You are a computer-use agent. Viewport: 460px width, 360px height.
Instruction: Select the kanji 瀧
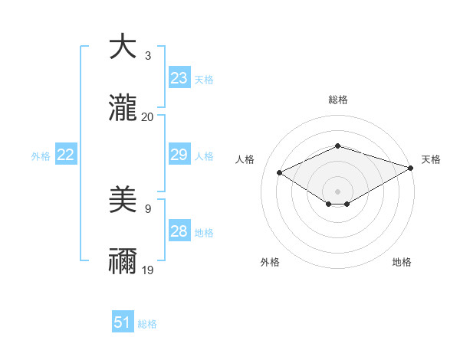[x=123, y=108]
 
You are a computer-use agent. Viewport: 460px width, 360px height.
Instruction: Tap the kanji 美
[x=123, y=201]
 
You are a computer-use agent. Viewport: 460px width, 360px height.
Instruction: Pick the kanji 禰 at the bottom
[x=123, y=261]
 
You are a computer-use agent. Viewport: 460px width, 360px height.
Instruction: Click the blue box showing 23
[x=179, y=78]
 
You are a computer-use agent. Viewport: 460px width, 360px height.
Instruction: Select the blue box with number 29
[x=179, y=155]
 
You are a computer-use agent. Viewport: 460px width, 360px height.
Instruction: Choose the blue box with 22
[x=65, y=155]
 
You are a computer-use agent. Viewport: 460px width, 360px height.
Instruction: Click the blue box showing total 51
[x=123, y=323]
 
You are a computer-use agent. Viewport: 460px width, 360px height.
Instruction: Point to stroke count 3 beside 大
[x=148, y=56]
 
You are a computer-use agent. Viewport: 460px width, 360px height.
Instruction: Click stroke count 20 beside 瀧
[x=148, y=117]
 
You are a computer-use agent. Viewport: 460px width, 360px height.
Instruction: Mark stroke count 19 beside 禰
[x=148, y=270]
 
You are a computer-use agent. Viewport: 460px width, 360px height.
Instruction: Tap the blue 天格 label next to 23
[x=203, y=79]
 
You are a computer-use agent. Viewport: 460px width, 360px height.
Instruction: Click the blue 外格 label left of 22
[x=41, y=156]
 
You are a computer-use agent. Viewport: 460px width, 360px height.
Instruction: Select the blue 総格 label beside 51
[x=147, y=324]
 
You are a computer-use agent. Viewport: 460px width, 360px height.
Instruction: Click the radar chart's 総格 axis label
[x=337, y=100]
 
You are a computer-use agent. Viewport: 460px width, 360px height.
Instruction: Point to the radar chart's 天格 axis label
[x=431, y=159]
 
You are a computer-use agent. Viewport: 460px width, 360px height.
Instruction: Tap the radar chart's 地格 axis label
[x=402, y=262]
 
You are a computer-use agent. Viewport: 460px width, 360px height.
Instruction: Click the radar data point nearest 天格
[x=412, y=168]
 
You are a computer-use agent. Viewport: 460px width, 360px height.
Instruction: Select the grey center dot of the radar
[x=337, y=191]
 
